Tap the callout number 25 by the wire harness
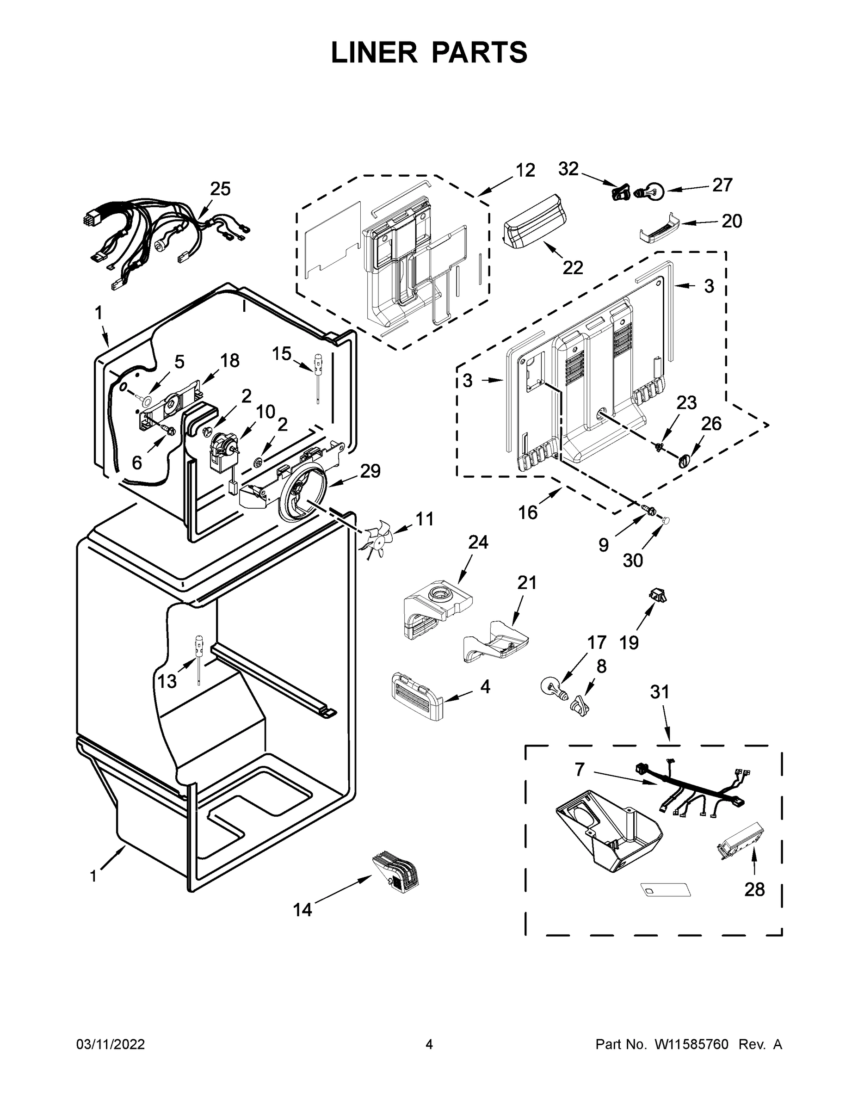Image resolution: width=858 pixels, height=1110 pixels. click(220, 189)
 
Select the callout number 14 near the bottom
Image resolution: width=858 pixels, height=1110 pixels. click(302, 910)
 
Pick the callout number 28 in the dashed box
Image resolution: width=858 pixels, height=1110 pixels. click(754, 889)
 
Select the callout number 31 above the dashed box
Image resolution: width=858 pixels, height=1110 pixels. click(660, 692)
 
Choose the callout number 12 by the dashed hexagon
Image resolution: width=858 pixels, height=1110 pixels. click(525, 170)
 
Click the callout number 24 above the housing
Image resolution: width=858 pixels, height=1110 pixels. click(478, 543)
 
